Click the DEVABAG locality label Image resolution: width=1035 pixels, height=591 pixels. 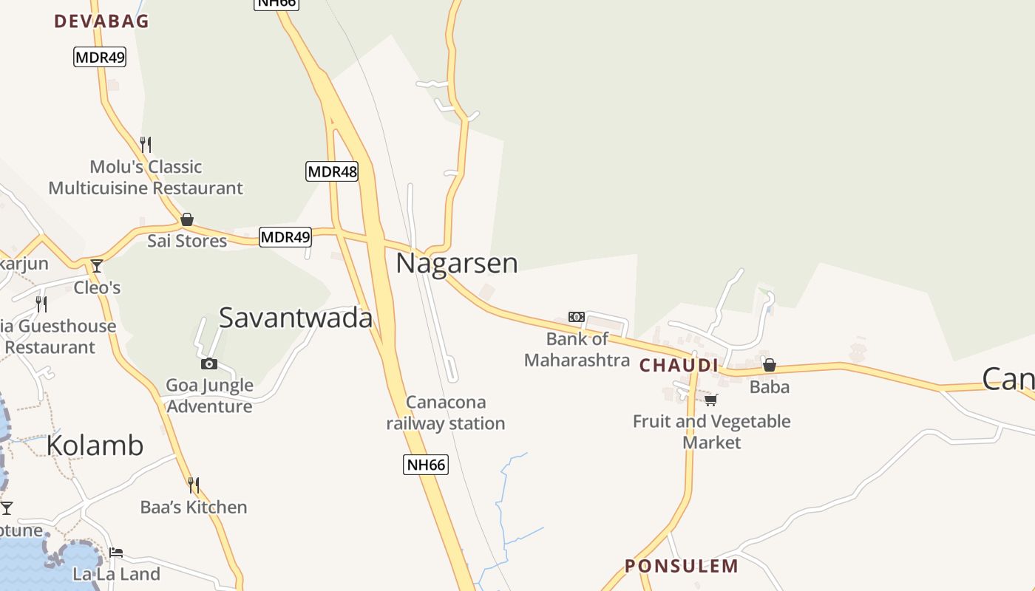coord(101,21)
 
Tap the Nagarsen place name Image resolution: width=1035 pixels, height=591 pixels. coord(457,264)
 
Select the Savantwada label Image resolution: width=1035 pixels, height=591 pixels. coord(296,318)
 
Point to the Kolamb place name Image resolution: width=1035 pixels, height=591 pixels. coord(95,445)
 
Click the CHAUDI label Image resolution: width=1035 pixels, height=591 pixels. coord(679,366)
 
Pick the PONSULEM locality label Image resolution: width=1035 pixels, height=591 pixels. coord(682,567)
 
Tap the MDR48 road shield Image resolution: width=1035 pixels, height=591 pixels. coord(332,172)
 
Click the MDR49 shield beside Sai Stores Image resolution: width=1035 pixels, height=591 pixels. coord(285,237)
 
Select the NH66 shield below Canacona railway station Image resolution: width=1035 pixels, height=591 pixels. coord(426,465)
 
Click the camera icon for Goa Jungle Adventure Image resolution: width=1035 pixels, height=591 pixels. coord(209,363)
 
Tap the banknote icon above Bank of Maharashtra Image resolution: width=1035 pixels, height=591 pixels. coord(577,317)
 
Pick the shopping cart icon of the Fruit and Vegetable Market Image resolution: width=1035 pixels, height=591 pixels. coord(711,400)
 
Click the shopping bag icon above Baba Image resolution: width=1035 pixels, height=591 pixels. coord(770,365)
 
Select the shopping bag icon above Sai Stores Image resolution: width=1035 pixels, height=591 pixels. coord(187,219)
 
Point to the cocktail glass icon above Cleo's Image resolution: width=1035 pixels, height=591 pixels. coord(97,266)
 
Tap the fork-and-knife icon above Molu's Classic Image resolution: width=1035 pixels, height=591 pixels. coord(146,144)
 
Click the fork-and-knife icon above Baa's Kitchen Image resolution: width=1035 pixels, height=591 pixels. coord(194,485)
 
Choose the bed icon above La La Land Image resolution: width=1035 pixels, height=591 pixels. coord(116,553)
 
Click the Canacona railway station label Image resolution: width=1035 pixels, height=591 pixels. coord(446,413)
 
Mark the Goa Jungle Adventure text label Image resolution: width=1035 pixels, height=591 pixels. coord(209,396)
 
